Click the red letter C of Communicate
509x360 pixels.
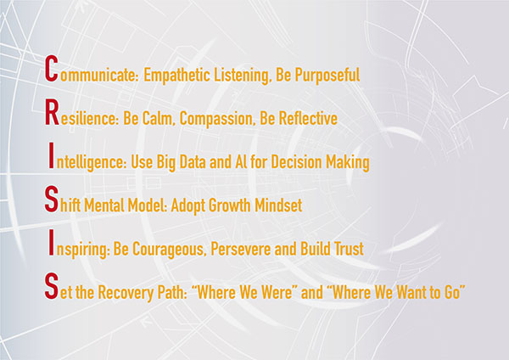51,68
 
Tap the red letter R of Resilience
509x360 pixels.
52,112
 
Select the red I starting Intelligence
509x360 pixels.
50,155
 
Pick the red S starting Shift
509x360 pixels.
51,200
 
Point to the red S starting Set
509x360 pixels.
51,286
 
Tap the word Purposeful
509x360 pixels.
327,76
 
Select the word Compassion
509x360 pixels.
215,119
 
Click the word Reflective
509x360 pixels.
308,118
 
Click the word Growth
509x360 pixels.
229,205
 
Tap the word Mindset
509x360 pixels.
278,205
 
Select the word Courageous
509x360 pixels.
169,250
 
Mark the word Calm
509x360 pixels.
159,119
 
